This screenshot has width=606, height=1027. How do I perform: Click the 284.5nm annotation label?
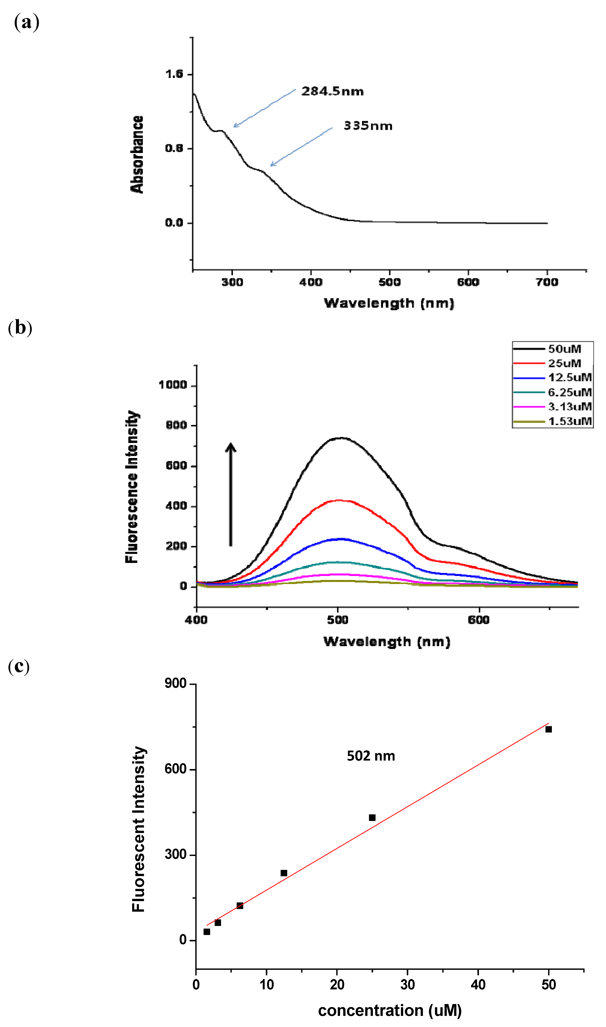pyautogui.click(x=332, y=91)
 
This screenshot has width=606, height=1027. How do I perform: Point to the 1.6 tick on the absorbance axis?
pyautogui.click(x=174, y=74)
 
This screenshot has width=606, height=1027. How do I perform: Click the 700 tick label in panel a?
pyautogui.click(x=547, y=282)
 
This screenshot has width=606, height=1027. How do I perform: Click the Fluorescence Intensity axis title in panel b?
pyautogui.click(x=132, y=486)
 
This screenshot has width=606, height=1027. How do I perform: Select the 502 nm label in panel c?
pyautogui.click(x=371, y=756)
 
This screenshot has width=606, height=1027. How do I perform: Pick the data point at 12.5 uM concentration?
pyautogui.click(x=284, y=873)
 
